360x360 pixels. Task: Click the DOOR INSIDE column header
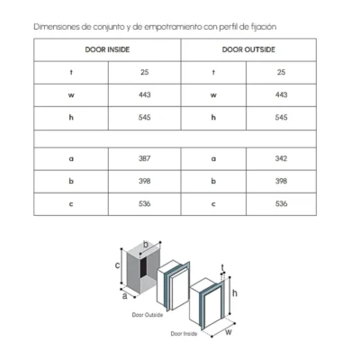[x=107, y=49]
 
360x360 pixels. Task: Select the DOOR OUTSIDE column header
[x=248, y=49]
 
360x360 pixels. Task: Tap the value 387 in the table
[x=145, y=158]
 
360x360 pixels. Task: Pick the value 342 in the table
[x=281, y=158]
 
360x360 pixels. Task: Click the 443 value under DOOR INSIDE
[x=145, y=94]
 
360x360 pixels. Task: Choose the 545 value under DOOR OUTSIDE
[x=281, y=117]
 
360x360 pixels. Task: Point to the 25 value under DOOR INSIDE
[x=145, y=72]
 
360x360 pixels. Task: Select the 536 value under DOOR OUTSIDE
[x=281, y=203]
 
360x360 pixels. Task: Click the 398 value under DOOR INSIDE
[x=145, y=181]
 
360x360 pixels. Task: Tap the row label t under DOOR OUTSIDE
[x=213, y=72]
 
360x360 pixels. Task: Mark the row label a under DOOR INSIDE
[x=71, y=158]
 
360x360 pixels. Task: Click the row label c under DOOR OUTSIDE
[x=213, y=204]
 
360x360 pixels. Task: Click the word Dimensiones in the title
[x=57, y=27]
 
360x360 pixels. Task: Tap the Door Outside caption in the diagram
[x=148, y=315]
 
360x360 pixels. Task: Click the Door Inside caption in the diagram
[x=184, y=334]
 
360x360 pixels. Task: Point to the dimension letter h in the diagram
[x=235, y=292]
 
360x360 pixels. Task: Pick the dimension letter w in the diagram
[x=229, y=332]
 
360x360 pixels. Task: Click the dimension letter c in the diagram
[x=118, y=265]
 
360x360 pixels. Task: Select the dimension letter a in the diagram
[x=124, y=296]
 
